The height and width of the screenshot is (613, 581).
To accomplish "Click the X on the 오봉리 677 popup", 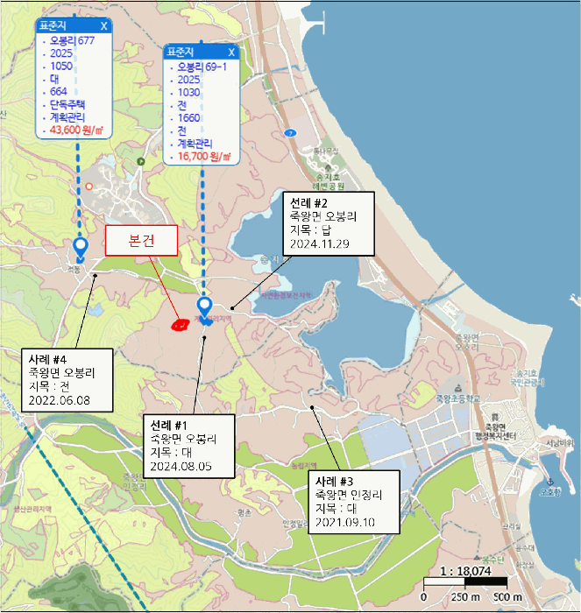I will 104,25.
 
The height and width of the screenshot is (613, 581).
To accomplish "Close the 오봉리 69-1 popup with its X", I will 231,52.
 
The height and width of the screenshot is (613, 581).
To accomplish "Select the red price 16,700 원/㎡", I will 203,157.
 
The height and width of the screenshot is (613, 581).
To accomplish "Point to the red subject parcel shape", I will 179,325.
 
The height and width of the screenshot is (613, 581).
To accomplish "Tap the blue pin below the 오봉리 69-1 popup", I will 205,307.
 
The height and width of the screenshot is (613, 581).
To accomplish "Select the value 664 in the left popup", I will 59,91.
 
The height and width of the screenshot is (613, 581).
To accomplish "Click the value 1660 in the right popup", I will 189,117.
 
